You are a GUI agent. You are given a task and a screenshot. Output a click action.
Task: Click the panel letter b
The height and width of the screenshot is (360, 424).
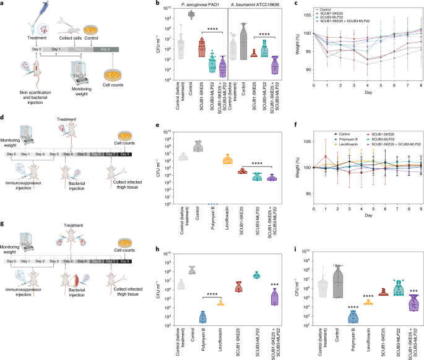click(158, 4)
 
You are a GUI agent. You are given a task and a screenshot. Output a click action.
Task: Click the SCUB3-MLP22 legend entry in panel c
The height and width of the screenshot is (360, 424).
click(332, 17)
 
